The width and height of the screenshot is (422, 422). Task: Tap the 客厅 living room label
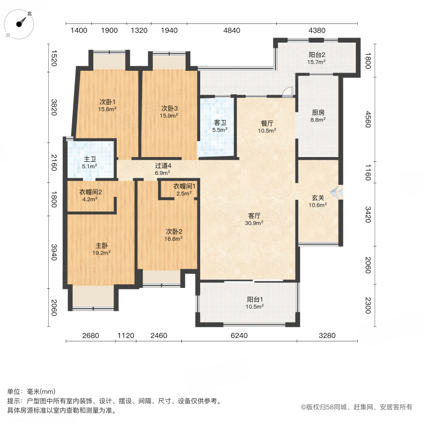(x=255, y=216)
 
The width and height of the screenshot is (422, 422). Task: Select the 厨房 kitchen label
(x=318, y=113)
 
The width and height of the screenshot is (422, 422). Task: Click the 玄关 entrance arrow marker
(x=337, y=191)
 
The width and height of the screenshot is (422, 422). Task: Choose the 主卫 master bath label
(x=90, y=158)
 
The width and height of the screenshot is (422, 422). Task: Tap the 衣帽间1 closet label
(x=184, y=186)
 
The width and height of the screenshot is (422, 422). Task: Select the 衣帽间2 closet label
(x=90, y=191)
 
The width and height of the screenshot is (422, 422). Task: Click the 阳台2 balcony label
(x=316, y=54)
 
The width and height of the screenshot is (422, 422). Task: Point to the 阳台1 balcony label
(x=255, y=299)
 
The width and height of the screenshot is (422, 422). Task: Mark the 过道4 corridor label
(x=163, y=166)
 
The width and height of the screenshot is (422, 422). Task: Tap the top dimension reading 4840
(x=232, y=30)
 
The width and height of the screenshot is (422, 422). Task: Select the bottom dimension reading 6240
(x=239, y=335)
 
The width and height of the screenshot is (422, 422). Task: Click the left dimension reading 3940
(x=54, y=252)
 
